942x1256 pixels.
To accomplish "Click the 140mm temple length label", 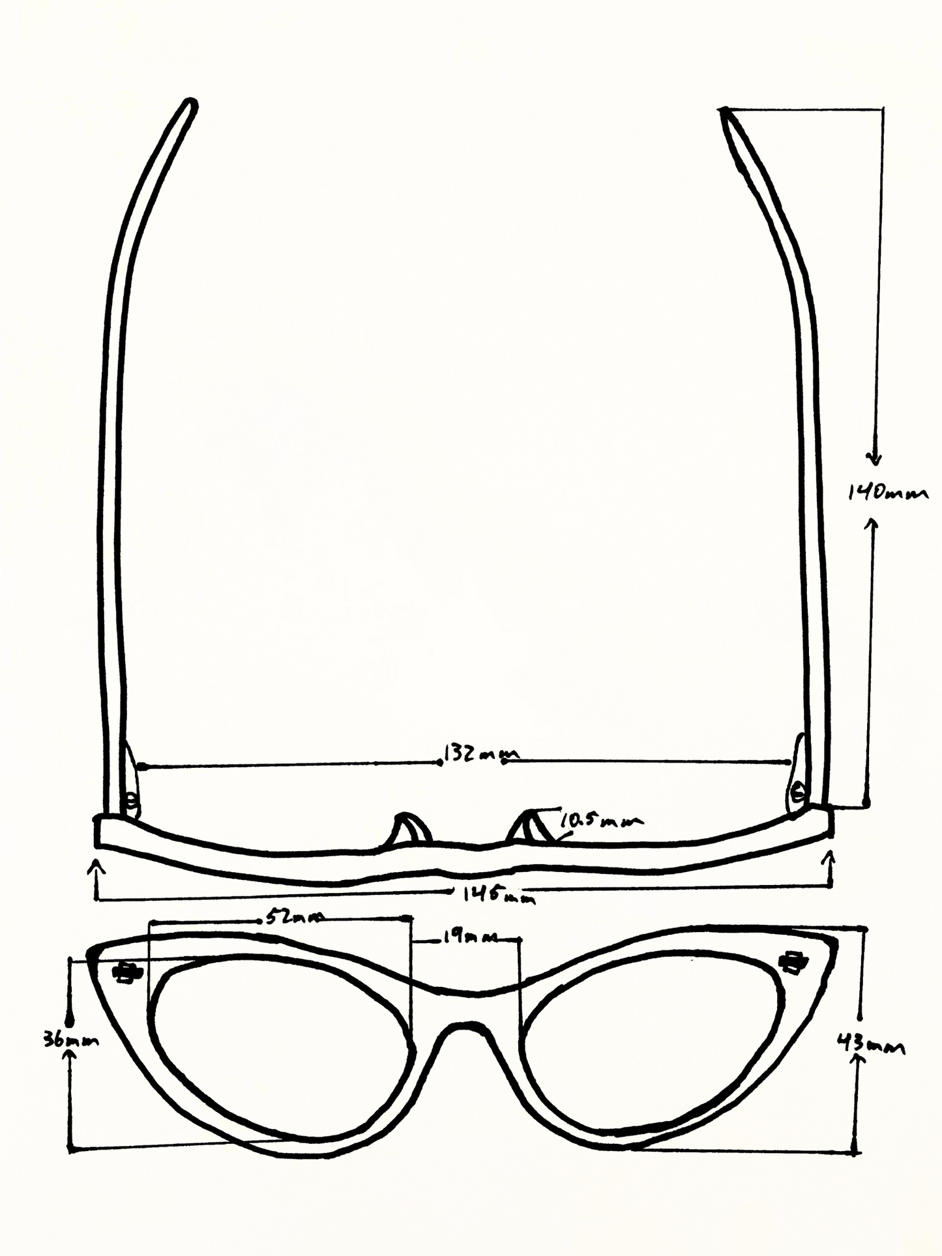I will pos(887,493).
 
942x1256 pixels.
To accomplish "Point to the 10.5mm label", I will pos(600,821).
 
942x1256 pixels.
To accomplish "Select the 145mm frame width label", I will pos(499,896).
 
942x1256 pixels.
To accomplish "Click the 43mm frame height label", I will pos(870,1046).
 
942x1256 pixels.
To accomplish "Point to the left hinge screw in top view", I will pos(132,800).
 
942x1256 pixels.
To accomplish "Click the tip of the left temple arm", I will pos(190,104).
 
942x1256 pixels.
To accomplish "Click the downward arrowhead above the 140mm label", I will pos(876,459).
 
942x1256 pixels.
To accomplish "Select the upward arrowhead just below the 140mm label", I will pos(871,523).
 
